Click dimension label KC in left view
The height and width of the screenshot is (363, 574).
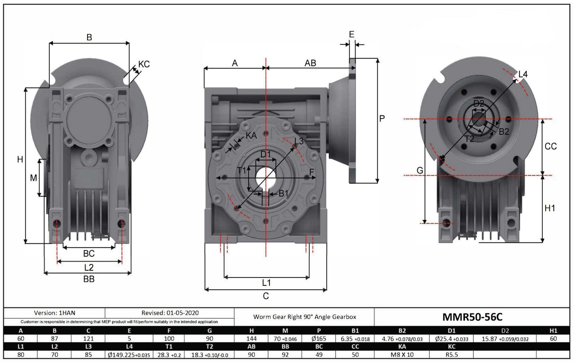(x=144, y=64)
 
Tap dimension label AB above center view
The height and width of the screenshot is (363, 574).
(x=310, y=63)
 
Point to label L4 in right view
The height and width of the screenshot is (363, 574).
(x=523, y=74)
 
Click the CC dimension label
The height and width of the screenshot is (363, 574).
(x=550, y=147)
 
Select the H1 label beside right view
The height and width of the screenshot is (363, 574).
(x=550, y=208)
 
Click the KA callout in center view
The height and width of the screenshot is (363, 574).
(x=251, y=136)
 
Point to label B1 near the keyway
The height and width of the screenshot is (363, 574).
(x=283, y=193)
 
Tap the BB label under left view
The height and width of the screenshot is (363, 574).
(x=89, y=279)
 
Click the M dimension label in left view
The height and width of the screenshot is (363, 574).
(x=33, y=178)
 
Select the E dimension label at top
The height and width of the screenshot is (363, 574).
(x=351, y=34)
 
